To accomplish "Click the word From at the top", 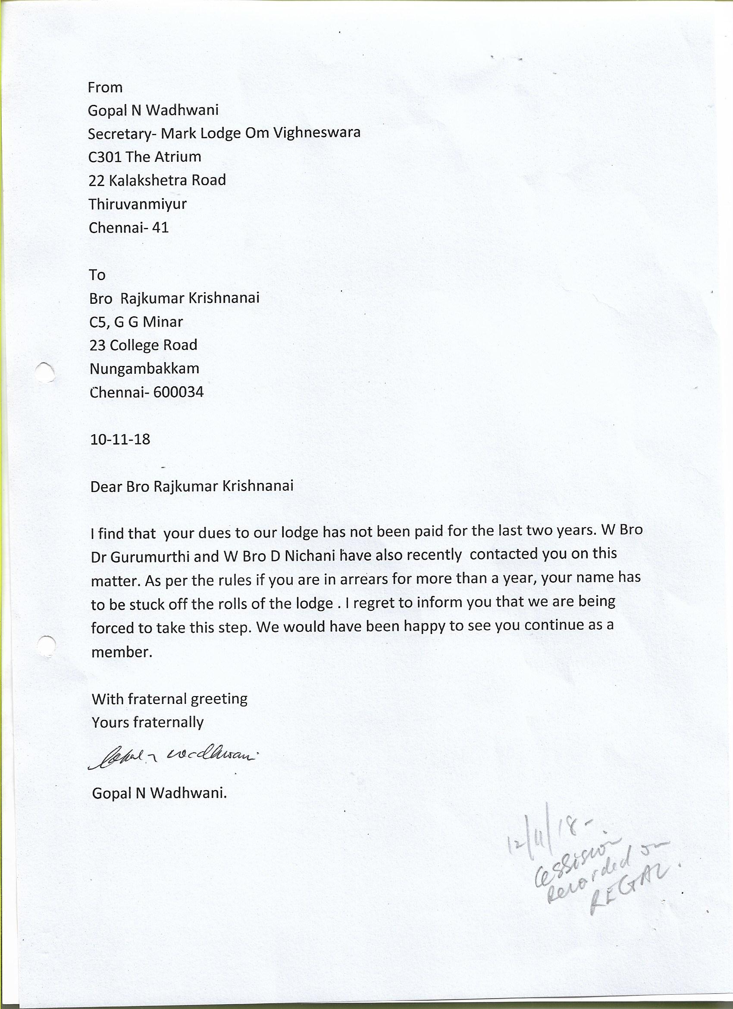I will (105, 87).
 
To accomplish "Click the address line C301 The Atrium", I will (144, 157).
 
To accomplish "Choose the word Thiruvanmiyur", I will (138, 204).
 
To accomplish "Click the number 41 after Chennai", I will (160, 228).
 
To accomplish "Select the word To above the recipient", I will (97, 275).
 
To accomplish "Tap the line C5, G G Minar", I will (136, 322).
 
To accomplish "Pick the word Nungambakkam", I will (144, 369).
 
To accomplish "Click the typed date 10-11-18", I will (120, 439).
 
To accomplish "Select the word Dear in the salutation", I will (106, 486).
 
